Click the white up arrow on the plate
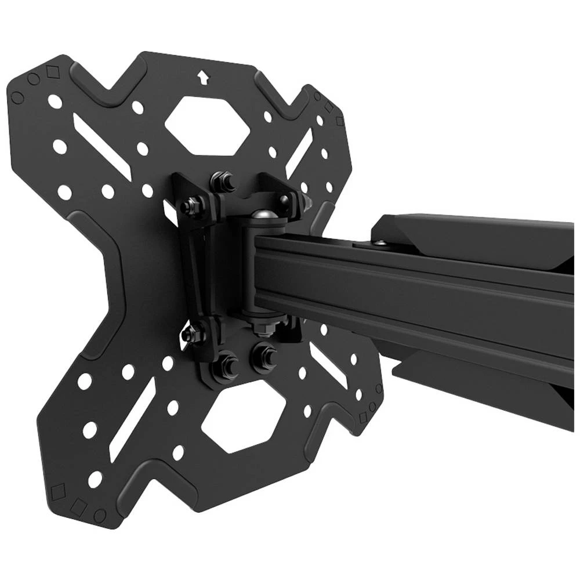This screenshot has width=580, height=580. [x=202, y=77]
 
